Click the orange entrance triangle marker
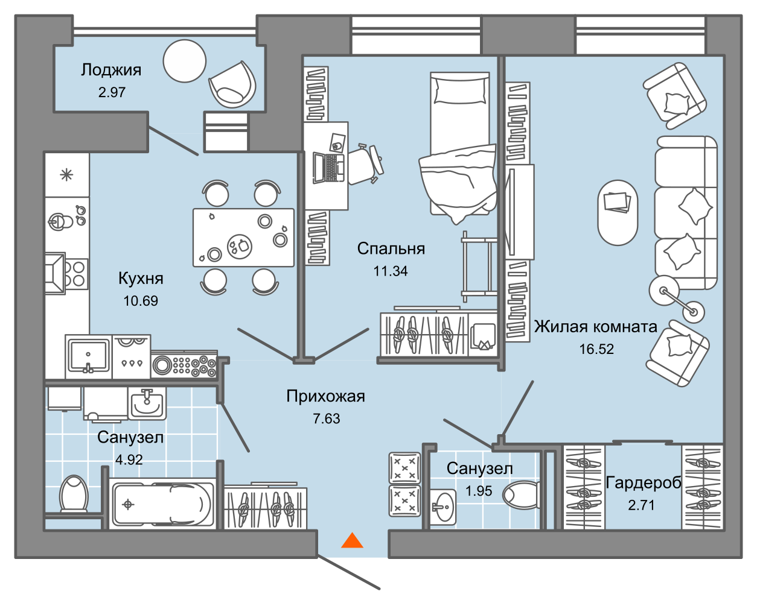point(352,540)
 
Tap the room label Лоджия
point(111,70)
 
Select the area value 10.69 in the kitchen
point(141,300)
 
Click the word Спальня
point(391,248)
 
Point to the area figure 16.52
point(596,349)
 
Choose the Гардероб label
point(643,483)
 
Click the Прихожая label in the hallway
point(325,396)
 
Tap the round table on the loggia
point(185,60)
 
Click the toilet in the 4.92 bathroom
point(74,494)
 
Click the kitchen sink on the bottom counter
point(88,356)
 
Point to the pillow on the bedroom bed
point(459,91)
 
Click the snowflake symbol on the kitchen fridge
point(66,175)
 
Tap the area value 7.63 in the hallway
point(326,418)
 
